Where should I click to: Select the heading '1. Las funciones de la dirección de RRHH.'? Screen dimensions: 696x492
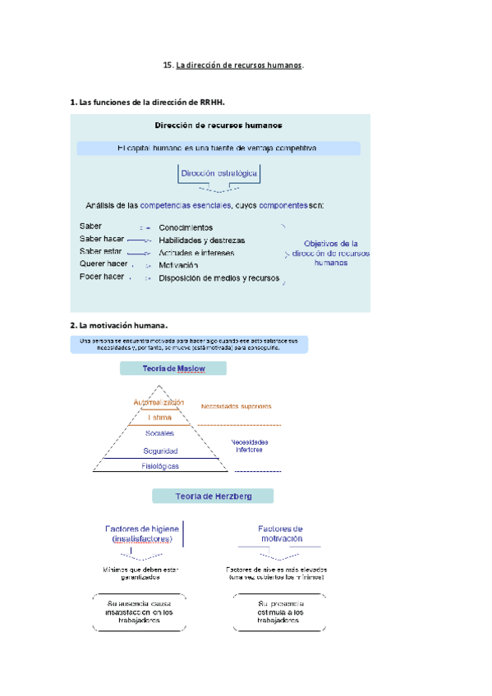click(148, 103)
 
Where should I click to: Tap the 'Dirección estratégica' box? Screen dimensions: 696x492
click(218, 174)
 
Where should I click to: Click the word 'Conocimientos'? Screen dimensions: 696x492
click(186, 227)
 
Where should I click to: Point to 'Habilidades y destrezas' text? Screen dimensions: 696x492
click(201, 240)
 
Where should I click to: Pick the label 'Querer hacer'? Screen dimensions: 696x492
click(103, 264)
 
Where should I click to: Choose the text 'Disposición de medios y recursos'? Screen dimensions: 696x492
click(219, 278)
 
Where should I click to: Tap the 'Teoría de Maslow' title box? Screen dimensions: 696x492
click(173, 369)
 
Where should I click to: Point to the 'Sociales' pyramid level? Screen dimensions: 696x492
click(159, 433)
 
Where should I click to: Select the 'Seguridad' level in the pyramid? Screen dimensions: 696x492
click(159, 451)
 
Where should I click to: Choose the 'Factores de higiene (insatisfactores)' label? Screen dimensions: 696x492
click(137, 533)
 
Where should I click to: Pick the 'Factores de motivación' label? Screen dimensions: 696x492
click(281, 533)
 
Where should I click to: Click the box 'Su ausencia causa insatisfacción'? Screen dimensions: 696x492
click(139, 612)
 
